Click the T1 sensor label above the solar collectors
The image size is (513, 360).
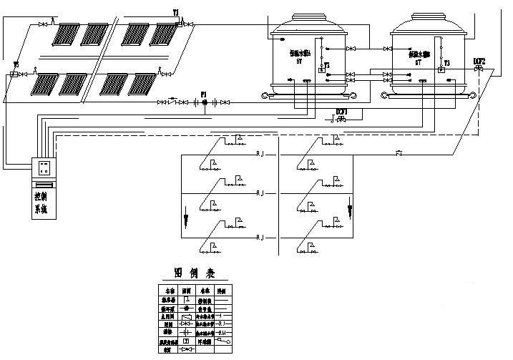pyautogui.click(x=176, y=12)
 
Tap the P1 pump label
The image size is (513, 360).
pyautogui.click(x=203, y=94)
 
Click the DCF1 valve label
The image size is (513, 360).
pyautogui.click(x=342, y=111)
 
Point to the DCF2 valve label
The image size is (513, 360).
pyautogui.click(x=479, y=62)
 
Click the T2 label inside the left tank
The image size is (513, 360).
pyautogui.click(x=327, y=64)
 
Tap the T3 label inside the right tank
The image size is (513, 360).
pyautogui.click(x=446, y=64)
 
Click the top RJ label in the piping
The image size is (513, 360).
pyautogui.click(x=260, y=154)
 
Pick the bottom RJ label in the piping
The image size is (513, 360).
pyautogui.click(x=260, y=235)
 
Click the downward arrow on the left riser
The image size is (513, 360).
pyautogui.click(x=187, y=215)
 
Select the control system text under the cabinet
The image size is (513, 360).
pyautogui.click(x=40, y=203)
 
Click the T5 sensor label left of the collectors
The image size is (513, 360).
pyautogui.click(x=15, y=65)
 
